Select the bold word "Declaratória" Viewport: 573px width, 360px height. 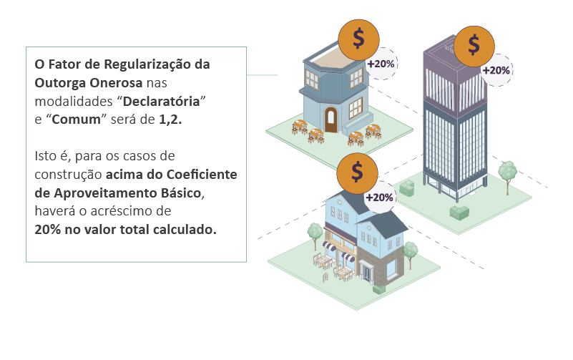[161, 101]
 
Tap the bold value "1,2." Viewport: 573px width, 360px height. [170, 120]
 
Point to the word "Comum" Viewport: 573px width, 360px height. [76, 120]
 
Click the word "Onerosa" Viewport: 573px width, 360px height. [116, 83]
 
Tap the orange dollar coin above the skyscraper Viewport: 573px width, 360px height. [474, 46]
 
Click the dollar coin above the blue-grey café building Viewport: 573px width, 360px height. [358, 39]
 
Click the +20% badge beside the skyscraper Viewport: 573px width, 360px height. [496, 70]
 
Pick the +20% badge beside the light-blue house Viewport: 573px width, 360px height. [379, 198]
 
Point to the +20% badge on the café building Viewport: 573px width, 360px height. [381, 64]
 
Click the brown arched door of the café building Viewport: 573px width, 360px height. [330, 120]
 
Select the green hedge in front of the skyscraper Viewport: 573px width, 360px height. [459, 213]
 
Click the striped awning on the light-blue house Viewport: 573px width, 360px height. [329, 247]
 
